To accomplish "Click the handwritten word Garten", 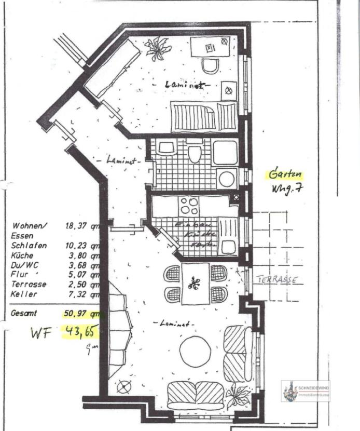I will pyautogui.click(x=284, y=174).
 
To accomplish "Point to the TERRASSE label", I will pyautogui.click(x=278, y=279).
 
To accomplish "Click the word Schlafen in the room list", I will pyautogui.click(x=29, y=246).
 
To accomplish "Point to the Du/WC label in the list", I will pyautogui.click(x=23, y=265).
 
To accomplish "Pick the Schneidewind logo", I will pyautogui.click(x=305, y=390).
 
